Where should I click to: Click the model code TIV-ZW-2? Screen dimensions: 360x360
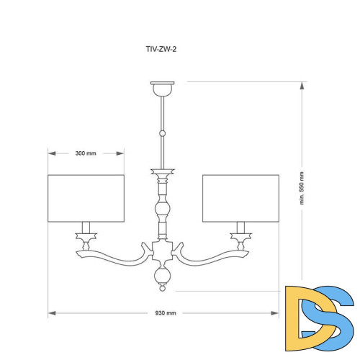[x=161, y=49]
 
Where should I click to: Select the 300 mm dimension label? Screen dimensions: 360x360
[x=86, y=153]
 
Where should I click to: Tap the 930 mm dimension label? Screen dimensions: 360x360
[x=166, y=313]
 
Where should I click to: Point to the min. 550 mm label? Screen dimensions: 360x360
[x=302, y=188]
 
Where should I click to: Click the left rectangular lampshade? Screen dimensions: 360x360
[x=86, y=198]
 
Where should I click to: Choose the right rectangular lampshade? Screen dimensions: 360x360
[x=240, y=198]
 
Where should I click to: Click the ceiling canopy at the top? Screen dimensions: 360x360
[x=163, y=89]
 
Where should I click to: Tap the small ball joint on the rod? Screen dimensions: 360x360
[x=163, y=133]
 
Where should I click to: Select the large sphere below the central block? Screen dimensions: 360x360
[x=163, y=276]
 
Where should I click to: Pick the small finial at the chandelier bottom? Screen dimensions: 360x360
[x=163, y=288]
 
